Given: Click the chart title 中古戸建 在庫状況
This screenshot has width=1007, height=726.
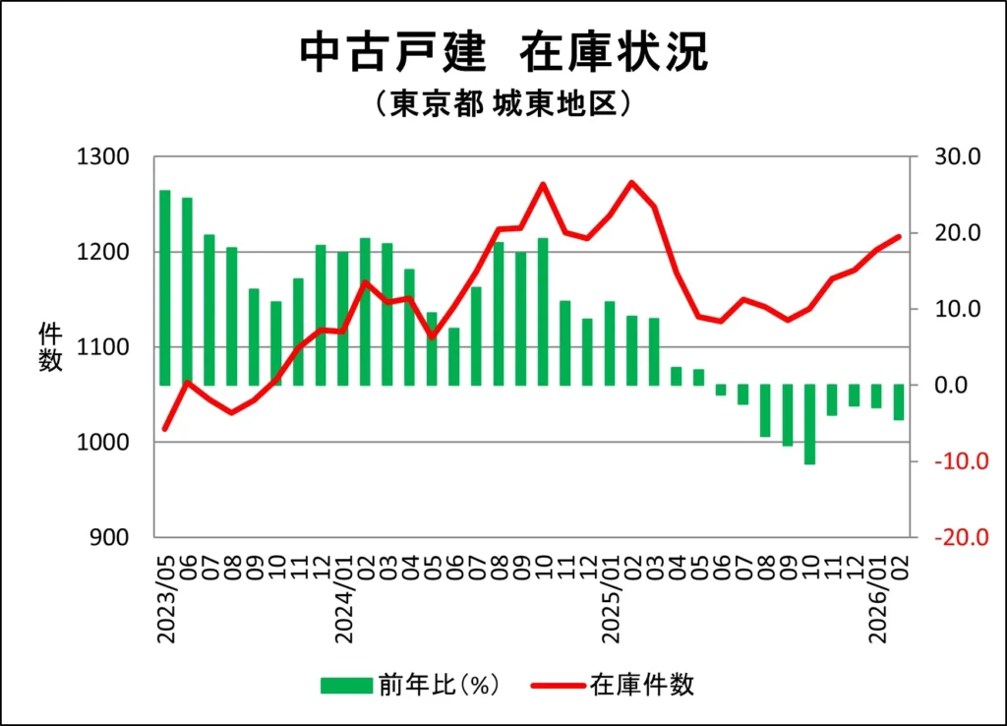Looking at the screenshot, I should click(x=503, y=55).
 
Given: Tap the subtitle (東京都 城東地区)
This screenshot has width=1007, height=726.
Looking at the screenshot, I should click(x=503, y=104).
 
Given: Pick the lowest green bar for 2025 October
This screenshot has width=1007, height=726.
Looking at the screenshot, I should click(x=810, y=424).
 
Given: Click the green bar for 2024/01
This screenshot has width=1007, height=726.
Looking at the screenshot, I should click(x=343, y=318).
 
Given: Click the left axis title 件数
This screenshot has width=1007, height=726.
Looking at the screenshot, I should click(x=51, y=347).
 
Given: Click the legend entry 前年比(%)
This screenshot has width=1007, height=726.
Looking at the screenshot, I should click(x=410, y=685).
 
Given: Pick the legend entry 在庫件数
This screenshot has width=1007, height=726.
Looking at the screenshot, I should click(x=615, y=685).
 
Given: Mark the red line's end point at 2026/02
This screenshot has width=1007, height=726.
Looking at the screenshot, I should click(x=899, y=236).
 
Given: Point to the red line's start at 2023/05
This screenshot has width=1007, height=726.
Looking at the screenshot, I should click(x=165, y=429).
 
